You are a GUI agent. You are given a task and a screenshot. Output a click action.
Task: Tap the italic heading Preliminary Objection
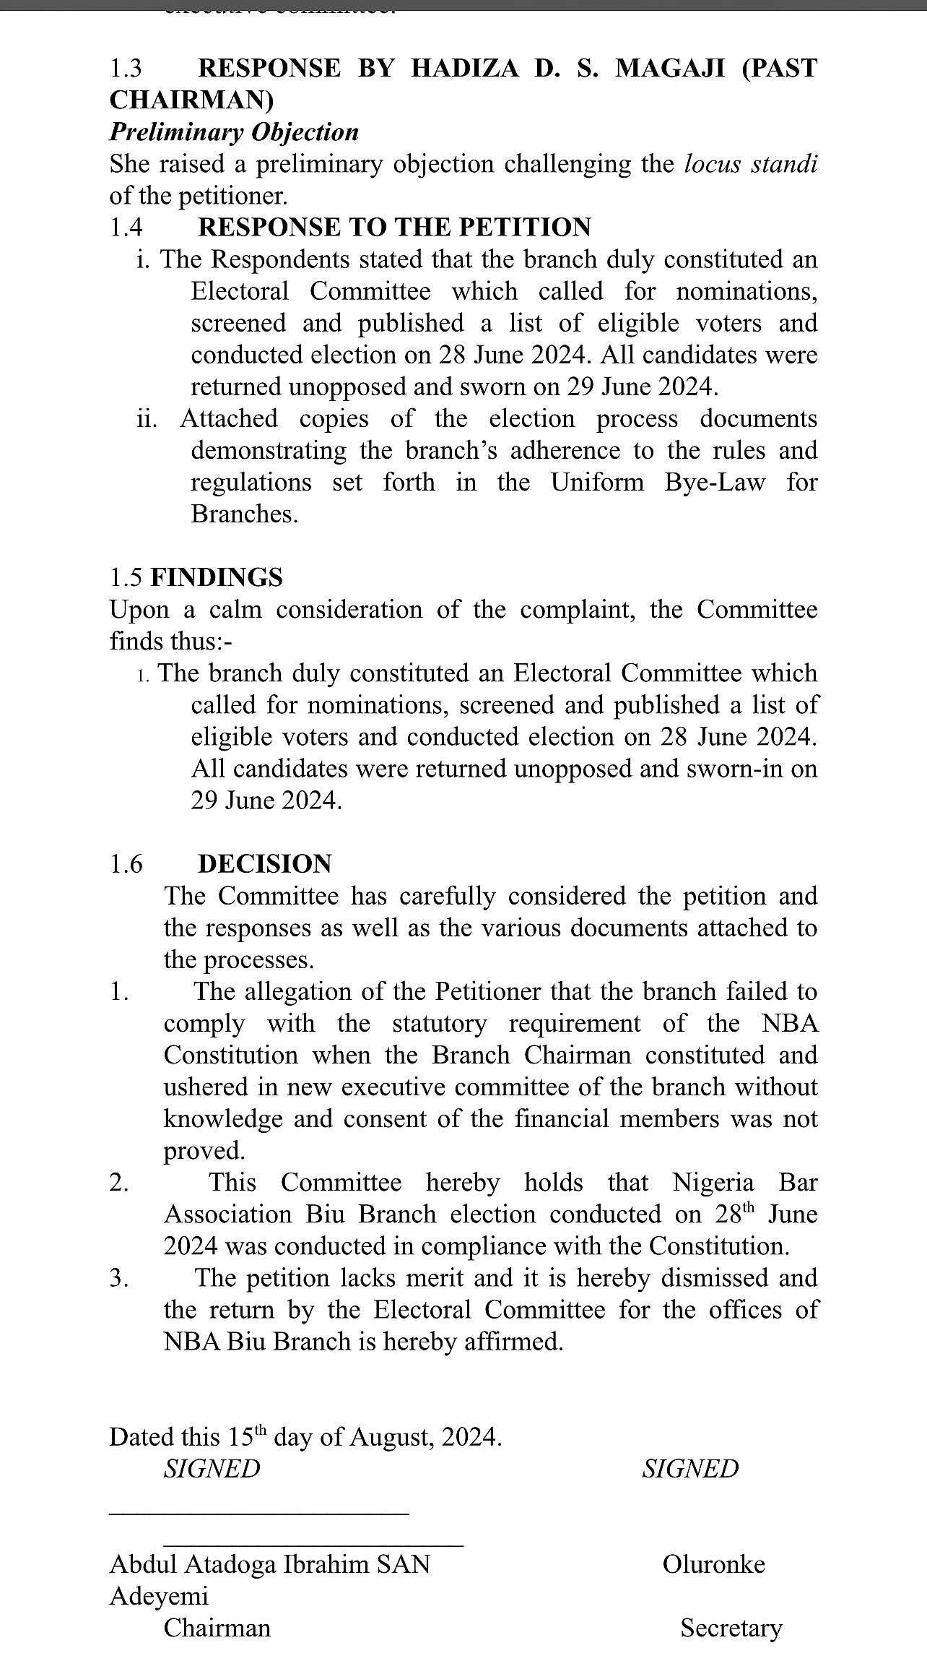point(234,132)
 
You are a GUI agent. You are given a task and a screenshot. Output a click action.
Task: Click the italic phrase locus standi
point(750,164)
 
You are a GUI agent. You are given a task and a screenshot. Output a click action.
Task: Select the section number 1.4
point(126,228)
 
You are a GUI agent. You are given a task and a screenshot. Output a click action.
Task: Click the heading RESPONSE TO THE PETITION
point(394,228)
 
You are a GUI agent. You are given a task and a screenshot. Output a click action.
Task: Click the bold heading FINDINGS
point(217,577)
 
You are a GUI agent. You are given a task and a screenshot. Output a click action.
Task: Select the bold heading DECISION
point(265,864)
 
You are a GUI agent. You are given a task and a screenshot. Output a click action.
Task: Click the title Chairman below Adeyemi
point(217,1628)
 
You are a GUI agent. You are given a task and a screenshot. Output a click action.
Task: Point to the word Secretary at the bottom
point(731,1628)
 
